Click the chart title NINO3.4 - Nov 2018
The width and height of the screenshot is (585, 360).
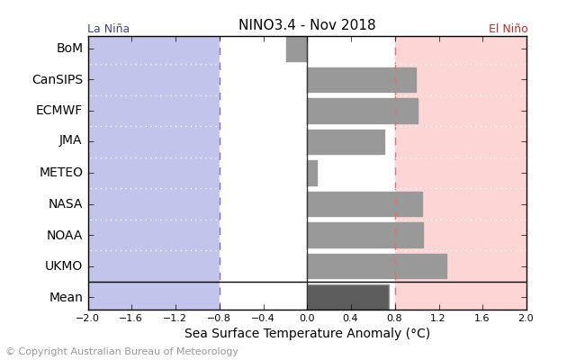pyautogui.click(x=307, y=25)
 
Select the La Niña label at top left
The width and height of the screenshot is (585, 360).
pyautogui.click(x=108, y=29)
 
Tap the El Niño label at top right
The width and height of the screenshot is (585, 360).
pyautogui.click(x=508, y=29)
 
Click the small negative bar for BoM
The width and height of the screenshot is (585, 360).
pyautogui.click(x=296, y=49)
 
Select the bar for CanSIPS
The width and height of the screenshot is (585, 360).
pyautogui.click(x=361, y=79)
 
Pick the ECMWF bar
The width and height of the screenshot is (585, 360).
pyautogui.click(x=362, y=111)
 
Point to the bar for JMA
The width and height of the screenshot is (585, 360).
pyautogui.click(x=346, y=141)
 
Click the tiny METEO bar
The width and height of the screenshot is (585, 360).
pyautogui.click(x=312, y=173)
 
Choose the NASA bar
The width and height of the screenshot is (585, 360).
pyautogui.click(x=364, y=204)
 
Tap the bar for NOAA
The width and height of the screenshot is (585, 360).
pyautogui.click(x=364, y=235)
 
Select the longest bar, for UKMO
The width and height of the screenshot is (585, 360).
pyautogui.click(x=376, y=266)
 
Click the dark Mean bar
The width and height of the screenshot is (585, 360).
pyautogui.click(x=347, y=297)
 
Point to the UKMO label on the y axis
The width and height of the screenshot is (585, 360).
pyautogui.click(x=63, y=266)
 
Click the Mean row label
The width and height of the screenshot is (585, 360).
pyautogui.click(x=66, y=297)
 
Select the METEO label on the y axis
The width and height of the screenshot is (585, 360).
pyautogui.click(x=60, y=173)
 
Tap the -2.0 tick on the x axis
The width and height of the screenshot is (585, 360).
pyautogui.click(x=87, y=319)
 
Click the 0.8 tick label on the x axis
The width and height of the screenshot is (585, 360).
pyautogui.click(x=394, y=319)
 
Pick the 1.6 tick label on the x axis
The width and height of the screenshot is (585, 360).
pyautogui.click(x=482, y=319)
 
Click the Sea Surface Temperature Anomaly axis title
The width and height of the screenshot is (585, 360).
pyautogui.click(x=307, y=334)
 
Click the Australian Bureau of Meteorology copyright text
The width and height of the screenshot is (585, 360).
pyautogui.click(x=121, y=352)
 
